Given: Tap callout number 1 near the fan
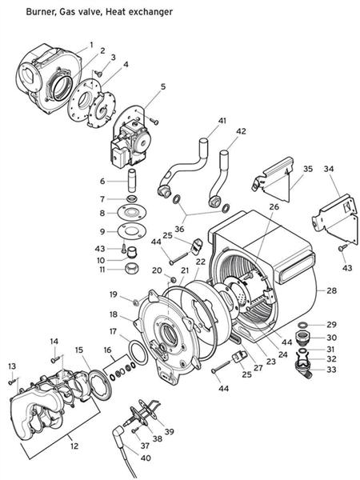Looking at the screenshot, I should tap(90, 44).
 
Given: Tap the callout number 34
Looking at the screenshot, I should tap(328, 170).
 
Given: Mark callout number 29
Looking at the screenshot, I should tap(330, 324).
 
